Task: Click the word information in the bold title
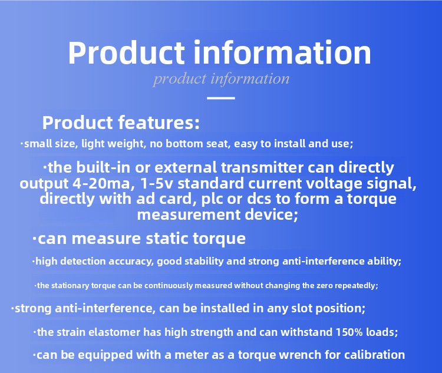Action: (x=282, y=52)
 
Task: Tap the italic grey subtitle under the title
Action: (x=221, y=78)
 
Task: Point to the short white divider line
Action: (x=221, y=98)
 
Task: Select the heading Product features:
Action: (x=121, y=123)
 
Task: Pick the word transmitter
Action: (x=262, y=167)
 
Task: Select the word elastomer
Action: (x=114, y=332)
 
